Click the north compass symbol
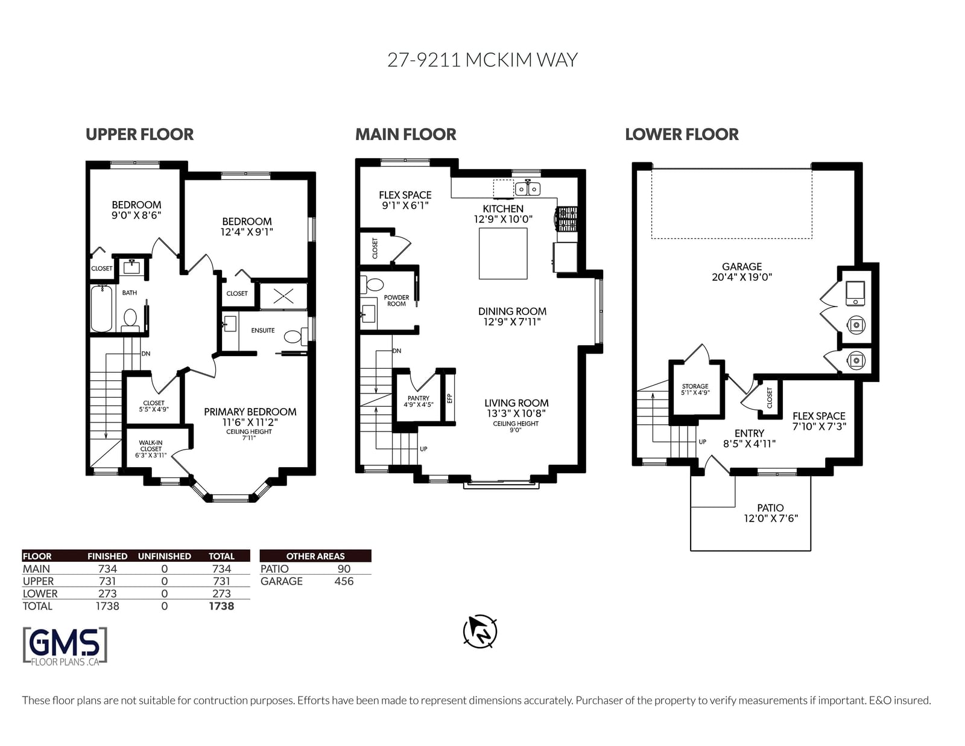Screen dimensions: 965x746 tap(479, 631)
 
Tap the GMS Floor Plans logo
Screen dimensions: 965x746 tap(65, 646)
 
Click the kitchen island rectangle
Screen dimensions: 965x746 tap(503, 253)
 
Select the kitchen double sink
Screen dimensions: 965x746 tap(528, 189)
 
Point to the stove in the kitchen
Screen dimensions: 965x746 tap(567, 218)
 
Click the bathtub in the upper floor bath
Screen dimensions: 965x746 tap(101, 308)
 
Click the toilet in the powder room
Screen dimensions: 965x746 tap(373, 284)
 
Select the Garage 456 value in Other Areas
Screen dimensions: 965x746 tap(344, 581)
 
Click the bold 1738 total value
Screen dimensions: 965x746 tap(221, 606)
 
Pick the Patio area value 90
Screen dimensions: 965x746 tap(344, 569)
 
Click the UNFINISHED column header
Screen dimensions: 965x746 tap(164, 556)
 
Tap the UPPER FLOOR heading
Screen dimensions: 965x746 tap(139, 134)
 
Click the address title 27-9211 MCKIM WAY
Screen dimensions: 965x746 tap(482, 60)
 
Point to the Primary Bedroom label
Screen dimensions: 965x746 tap(250, 412)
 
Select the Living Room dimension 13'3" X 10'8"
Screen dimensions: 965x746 tap(516, 413)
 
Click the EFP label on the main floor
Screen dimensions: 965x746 tap(449, 398)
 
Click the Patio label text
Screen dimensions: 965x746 tap(770, 508)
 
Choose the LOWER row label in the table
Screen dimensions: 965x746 tap(40, 593)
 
